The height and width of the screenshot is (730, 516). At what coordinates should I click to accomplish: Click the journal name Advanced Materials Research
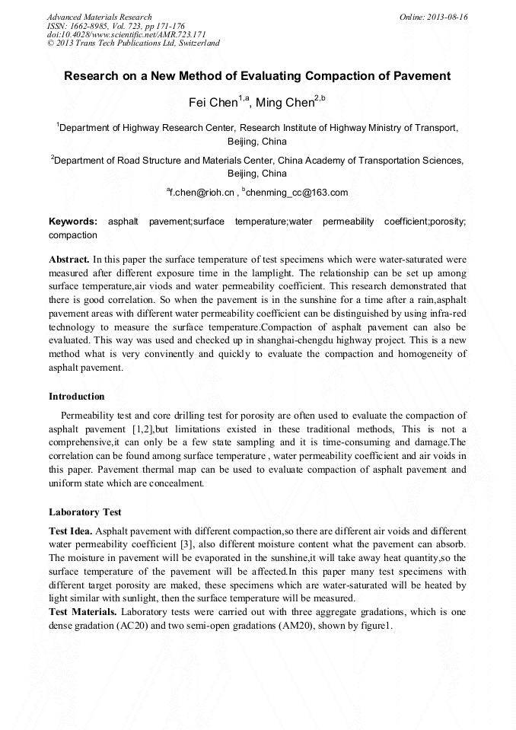(99, 17)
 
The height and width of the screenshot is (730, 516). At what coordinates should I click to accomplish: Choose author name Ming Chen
(283, 103)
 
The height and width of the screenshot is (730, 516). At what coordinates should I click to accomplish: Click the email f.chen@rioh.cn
(201, 193)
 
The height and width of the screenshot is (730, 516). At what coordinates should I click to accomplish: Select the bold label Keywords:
(73, 222)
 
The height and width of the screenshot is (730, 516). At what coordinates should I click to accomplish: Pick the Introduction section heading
(77, 397)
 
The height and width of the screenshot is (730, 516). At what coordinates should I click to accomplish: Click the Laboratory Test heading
(85, 512)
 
